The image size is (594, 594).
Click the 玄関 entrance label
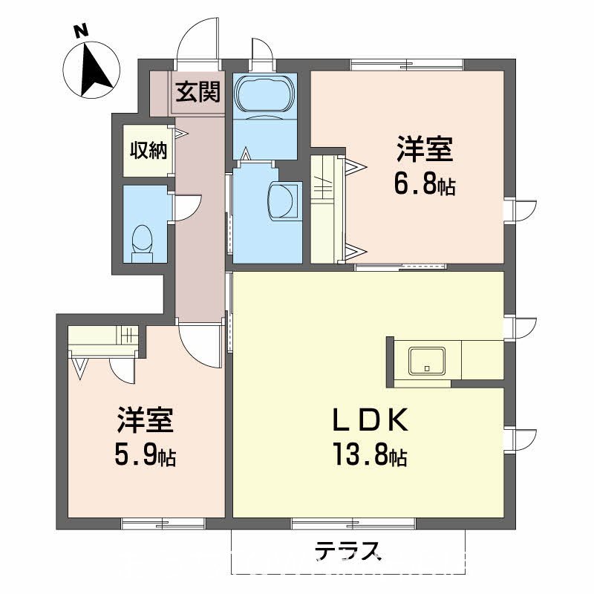(x=198, y=93)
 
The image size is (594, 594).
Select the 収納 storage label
(x=148, y=151)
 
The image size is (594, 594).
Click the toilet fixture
(x=142, y=241)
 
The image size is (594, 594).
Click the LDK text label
(x=369, y=421)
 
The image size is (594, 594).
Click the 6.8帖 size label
(x=424, y=185)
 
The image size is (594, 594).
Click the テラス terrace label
(x=347, y=550)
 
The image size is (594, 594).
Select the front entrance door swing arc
(x=199, y=37)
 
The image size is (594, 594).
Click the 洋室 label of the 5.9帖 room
(x=145, y=421)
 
